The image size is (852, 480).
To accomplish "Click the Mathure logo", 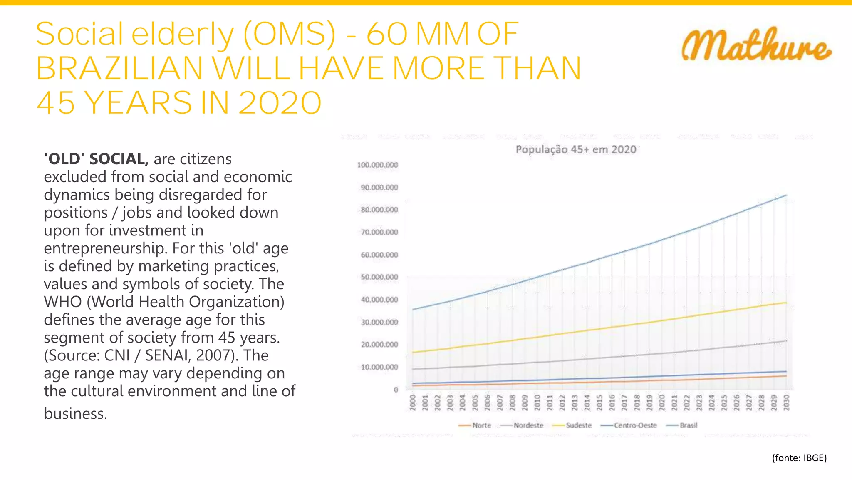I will (x=756, y=45).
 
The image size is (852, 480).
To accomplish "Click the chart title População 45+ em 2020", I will (x=576, y=150).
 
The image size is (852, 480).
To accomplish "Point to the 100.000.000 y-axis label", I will (x=377, y=165).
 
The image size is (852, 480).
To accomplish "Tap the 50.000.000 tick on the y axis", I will (x=379, y=277).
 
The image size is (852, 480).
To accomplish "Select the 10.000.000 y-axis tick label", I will (x=379, y=367).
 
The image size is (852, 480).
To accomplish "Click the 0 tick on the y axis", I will (x=396, y=390).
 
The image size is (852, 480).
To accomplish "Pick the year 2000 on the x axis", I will (x=413, y=403).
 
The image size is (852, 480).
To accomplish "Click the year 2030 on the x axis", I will (x=786, y=403).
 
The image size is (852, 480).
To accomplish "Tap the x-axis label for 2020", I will (x=661, y=403).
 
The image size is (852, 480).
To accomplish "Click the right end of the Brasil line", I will (x=786, y=195).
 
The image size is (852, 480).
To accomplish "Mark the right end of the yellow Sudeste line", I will (x=786, y=303).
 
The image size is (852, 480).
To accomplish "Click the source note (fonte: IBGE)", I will (x=799, y=458).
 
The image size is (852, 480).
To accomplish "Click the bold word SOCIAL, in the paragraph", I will (x=119, y=159).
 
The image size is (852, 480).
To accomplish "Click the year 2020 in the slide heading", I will (x=280, y=103).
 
